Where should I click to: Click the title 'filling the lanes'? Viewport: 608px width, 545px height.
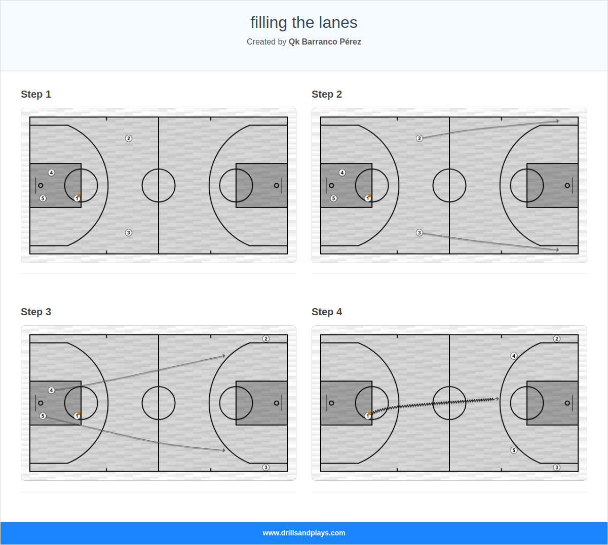[x=303, y=22]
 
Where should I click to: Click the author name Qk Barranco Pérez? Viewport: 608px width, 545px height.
[x=325, y=41]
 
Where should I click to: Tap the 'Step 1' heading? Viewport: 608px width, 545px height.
[x=36, y=94]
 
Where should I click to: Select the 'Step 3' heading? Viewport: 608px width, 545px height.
[x=36, y=312]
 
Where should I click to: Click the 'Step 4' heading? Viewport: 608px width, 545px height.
[x=327, y=312]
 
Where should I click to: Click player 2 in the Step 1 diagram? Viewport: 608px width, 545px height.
[x=129, y=138]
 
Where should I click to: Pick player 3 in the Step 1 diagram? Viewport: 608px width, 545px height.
[x=129, y=233]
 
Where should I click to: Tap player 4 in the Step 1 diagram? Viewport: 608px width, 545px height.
[x=51, y=173]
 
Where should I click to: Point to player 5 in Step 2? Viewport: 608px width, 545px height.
[x=333, y=198]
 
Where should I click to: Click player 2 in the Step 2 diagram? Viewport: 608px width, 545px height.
[x=419, y=138]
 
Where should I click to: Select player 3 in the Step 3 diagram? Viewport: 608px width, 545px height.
[x=266, y=468]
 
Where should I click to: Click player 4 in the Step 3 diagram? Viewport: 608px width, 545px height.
[x=51, y=390]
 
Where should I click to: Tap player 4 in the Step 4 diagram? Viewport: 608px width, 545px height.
[x=514, y=356]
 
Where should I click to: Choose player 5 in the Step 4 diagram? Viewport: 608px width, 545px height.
[x=514, y=450]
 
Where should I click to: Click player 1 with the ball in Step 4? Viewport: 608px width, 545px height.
[x=368, y=416]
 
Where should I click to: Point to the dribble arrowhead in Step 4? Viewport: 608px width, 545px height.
[x=498, y=399]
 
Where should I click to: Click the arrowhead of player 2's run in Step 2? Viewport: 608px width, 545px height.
[x=557, y=121]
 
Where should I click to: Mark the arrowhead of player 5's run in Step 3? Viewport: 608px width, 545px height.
[x=223, y=450]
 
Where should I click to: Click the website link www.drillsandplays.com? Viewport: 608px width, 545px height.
[x=304, y=533]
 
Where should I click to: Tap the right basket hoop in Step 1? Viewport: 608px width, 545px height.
[x=276, y=185]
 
